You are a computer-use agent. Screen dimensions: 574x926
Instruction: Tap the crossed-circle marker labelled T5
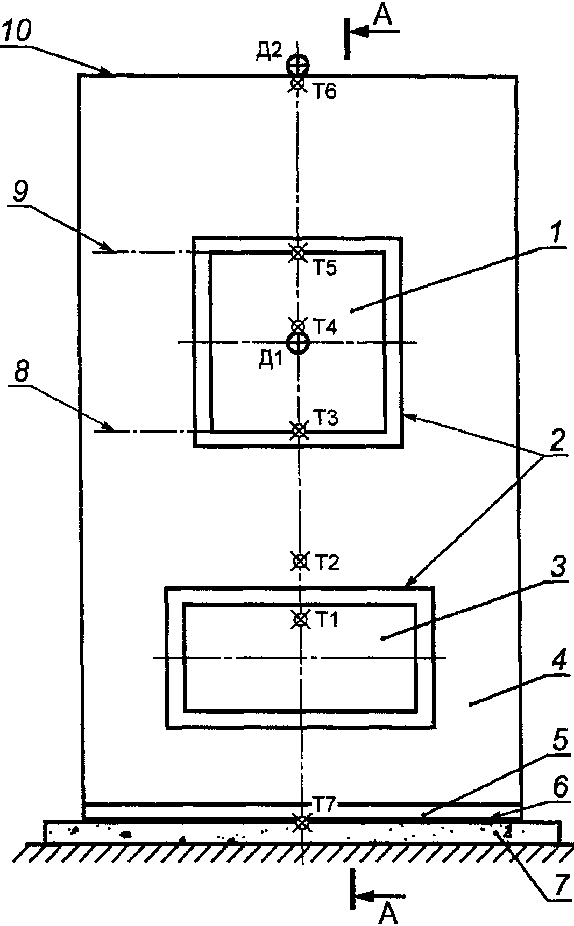click(x=297, y=252)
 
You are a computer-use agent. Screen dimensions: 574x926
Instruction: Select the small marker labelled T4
click(x=297, y=326)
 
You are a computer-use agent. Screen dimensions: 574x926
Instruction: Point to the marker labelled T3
click(x=299, y=430)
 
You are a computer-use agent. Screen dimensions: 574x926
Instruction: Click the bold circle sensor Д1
click(x=297, y=342)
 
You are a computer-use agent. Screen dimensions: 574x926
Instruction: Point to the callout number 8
click(x=22, y=373)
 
